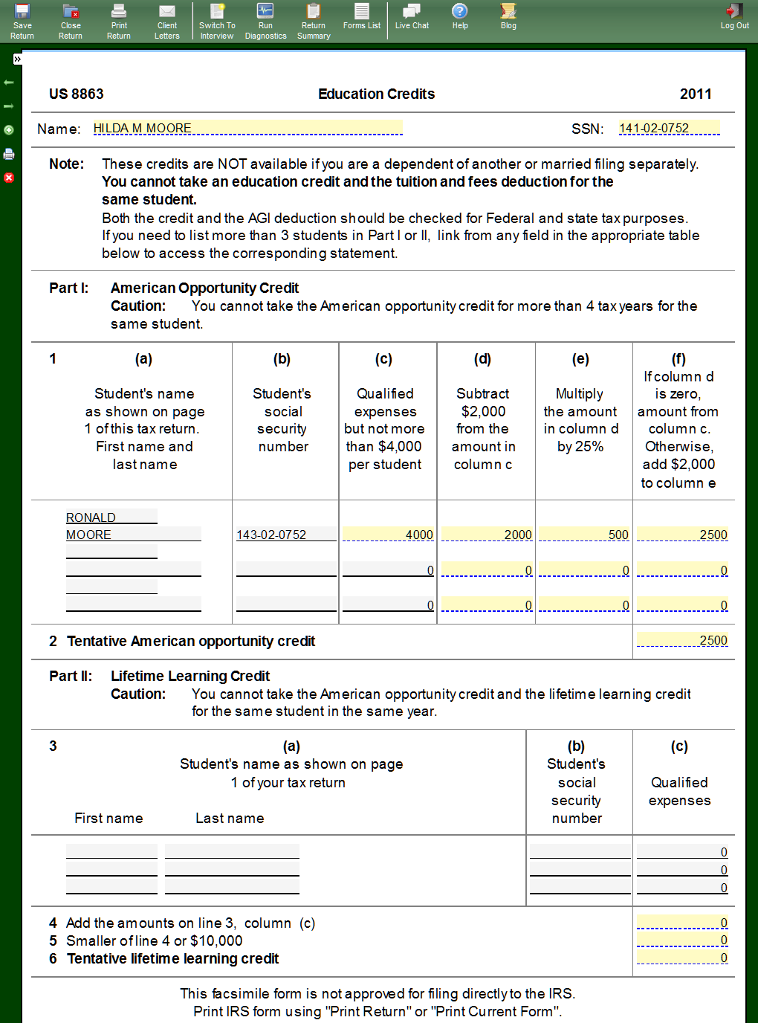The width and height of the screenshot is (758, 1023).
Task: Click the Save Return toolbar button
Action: pos(22,20)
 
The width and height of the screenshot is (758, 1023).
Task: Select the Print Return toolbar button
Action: pos(119,20)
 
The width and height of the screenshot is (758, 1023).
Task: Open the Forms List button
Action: pos(362,16)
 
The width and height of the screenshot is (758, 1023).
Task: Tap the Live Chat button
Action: pos(412,16)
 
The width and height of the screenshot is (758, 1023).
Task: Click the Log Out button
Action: pos(734,16)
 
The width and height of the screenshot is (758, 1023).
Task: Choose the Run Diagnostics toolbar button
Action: pos(265,20)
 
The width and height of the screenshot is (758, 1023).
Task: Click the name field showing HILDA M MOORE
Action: pos(247,128)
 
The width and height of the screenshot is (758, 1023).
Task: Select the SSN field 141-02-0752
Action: pos(669,128)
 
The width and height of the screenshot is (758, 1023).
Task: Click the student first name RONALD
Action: pos(111,517)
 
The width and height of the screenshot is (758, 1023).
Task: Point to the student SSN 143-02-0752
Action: pos(286,534)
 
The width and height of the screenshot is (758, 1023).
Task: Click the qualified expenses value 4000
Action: pos(388,534)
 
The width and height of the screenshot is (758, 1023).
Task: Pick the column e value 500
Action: pos(584,534)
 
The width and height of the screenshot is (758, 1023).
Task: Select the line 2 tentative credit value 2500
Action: pos(682,640)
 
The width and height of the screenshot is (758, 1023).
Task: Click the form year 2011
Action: pos(696,94)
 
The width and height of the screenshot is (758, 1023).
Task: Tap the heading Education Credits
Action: pos(376,94)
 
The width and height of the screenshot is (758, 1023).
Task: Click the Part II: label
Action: pos(71,676)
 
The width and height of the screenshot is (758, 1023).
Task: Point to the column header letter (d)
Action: pos(482,359)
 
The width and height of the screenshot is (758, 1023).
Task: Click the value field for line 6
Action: pos(682,958)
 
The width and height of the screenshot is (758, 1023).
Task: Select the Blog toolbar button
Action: pos(508,16)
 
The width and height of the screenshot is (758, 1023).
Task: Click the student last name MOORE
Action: pos(133,534)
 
